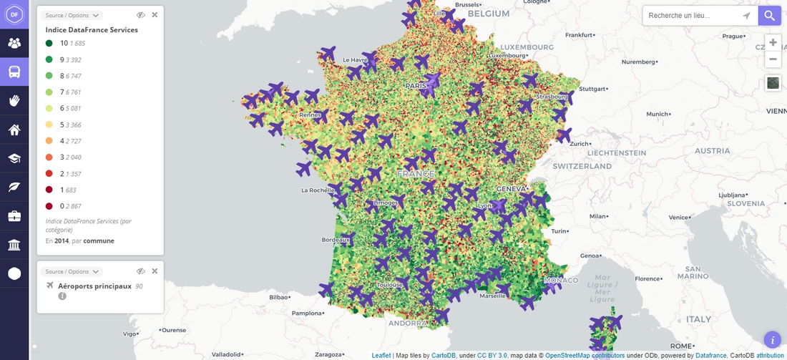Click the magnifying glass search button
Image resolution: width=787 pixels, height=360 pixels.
click(769, 16)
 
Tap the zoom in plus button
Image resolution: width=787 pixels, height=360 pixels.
click(773, 42)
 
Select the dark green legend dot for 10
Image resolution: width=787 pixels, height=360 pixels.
click(49, 44)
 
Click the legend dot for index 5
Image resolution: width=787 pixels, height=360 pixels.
click(49, 125)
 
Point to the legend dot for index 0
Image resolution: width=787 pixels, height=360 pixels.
click(49, 207)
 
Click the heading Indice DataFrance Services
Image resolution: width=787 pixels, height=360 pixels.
click(92, 30)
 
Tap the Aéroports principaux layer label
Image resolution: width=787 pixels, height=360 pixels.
click(94, 286)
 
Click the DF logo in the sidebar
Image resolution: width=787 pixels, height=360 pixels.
click(14, 14)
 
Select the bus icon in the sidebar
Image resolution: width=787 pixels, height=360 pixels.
click(14, 72)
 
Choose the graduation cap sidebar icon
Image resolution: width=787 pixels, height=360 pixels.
click(14, 158)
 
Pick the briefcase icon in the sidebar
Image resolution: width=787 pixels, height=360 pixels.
click(14, 215)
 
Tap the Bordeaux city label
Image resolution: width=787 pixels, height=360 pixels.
click(336, 240)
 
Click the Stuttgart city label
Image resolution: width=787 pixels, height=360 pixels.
click(592, 89)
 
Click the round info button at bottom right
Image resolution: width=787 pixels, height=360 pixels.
click(772, 339)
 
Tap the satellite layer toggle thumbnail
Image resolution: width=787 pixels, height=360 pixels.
click(773, 83)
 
